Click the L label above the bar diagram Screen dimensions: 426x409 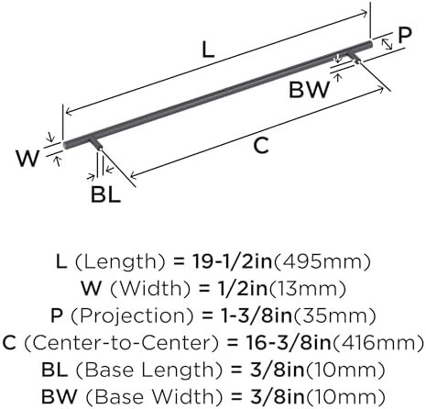click(x=208, y=50)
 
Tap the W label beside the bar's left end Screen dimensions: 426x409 click(x=27, y=159)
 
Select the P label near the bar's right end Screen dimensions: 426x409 click(x=405, y=35)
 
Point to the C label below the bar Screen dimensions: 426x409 click(x=261, y=146)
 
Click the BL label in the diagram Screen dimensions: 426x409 click(x=105, y=194)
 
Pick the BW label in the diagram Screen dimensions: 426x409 click(x=310, y=90)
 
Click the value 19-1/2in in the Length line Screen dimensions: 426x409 click(x=232, y=261)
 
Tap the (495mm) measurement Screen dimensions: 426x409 click(x=322, y=262)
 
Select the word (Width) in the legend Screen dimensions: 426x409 click(x=150, y=289)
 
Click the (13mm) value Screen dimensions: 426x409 click(x=307, y=289)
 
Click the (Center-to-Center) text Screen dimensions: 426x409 click(x=122, y=343)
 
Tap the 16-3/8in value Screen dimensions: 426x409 click(x=288, y=343)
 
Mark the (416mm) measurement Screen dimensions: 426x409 click(x=377, y=343)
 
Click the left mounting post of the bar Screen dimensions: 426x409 click(x=95, y=143)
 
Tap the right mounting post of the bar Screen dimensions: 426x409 click(x=354, y=58)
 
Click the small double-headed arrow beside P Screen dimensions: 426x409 click(x=387, y=44)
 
